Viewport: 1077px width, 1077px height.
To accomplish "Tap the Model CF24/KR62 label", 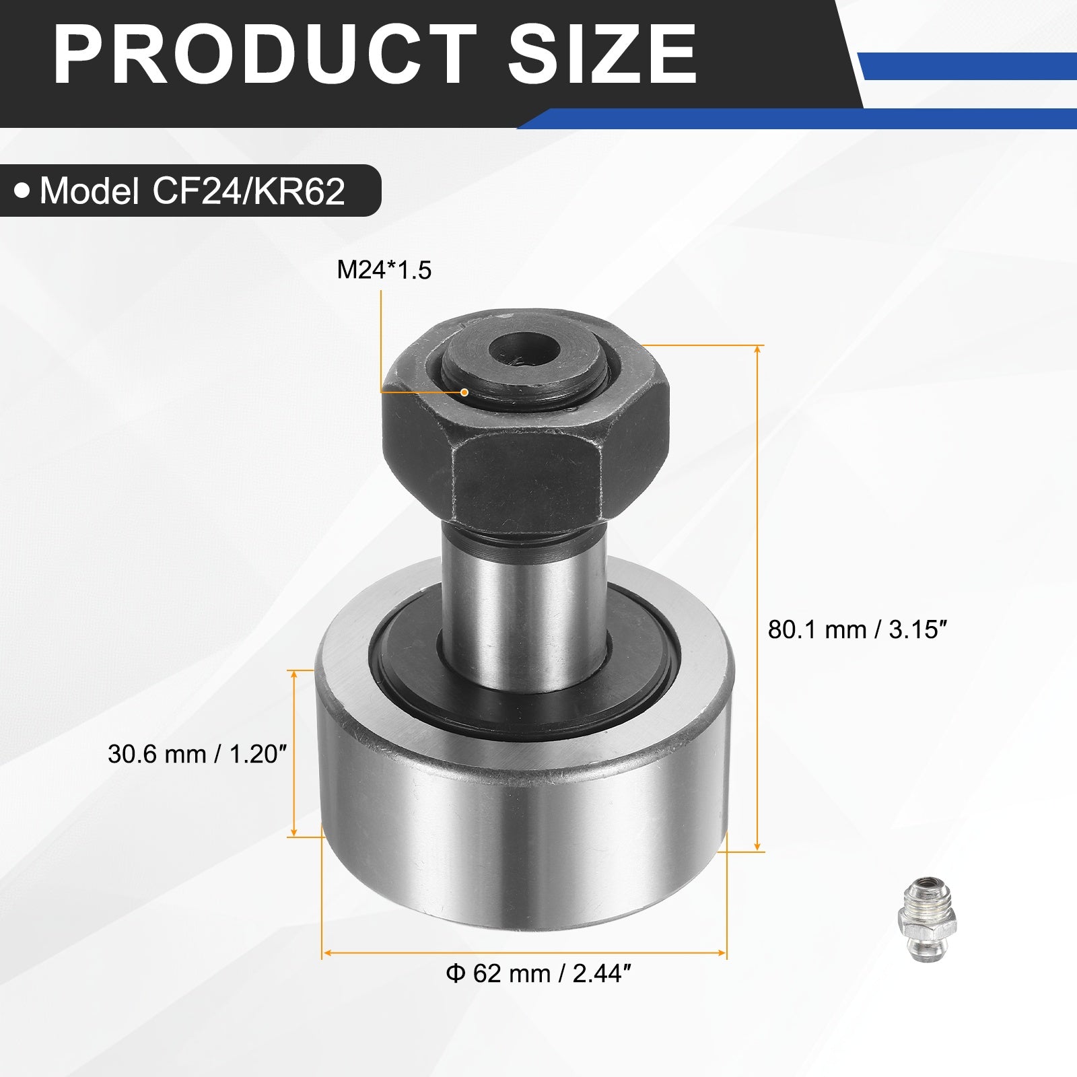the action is [192, 191].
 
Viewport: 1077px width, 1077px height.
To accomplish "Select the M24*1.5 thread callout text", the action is [384, 270].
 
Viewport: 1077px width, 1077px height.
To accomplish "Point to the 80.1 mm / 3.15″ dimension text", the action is [858, 630].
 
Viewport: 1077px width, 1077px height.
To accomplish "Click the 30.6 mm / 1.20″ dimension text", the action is [197, 755].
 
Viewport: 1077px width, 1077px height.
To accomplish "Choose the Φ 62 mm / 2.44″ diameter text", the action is [538, 973].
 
